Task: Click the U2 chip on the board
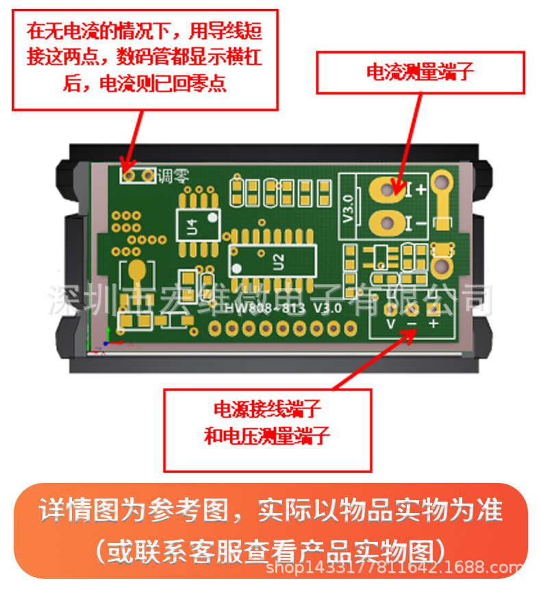pos(273,261)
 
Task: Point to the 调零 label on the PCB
pos(170,176)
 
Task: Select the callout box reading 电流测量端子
pos(420,72)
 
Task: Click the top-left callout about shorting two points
pos(144,59)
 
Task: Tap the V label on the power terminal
pos(390,324)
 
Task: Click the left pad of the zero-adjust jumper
pos(128,176)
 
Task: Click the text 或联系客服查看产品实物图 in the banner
pos(270,549)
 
